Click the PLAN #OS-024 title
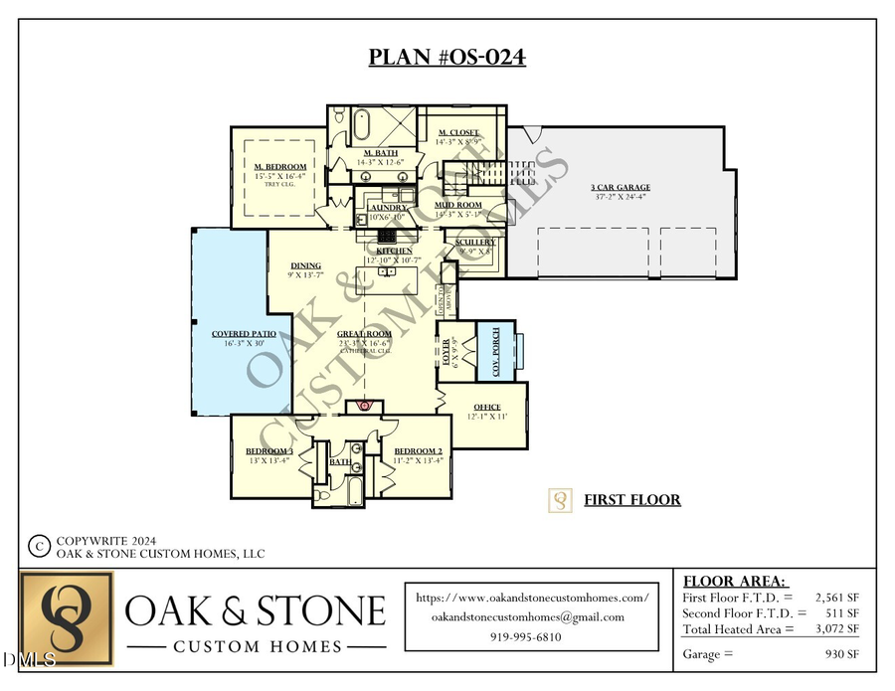[447, 57]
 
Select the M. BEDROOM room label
[279, 166]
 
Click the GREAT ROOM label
[363, 334]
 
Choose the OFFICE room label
[487, 407]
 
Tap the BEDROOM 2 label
[418, 450]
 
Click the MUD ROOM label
[458, 205]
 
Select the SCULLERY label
[475, 242]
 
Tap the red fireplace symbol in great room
[365, 406]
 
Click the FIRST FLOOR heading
[631, 499]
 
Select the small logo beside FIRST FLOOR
[561, 500]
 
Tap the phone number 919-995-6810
[526, 636]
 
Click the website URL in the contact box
[532, 598]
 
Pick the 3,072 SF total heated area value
[837, 628]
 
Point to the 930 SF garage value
[842, 654]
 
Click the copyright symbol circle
[39, 546]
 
